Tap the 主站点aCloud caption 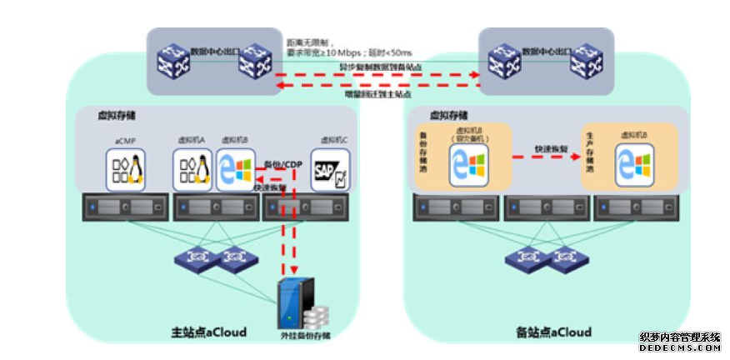tap(214, 332)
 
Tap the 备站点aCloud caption tap(553, 332)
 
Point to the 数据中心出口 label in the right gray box tap(547, 51)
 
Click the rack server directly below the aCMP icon tap(126, 206)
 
